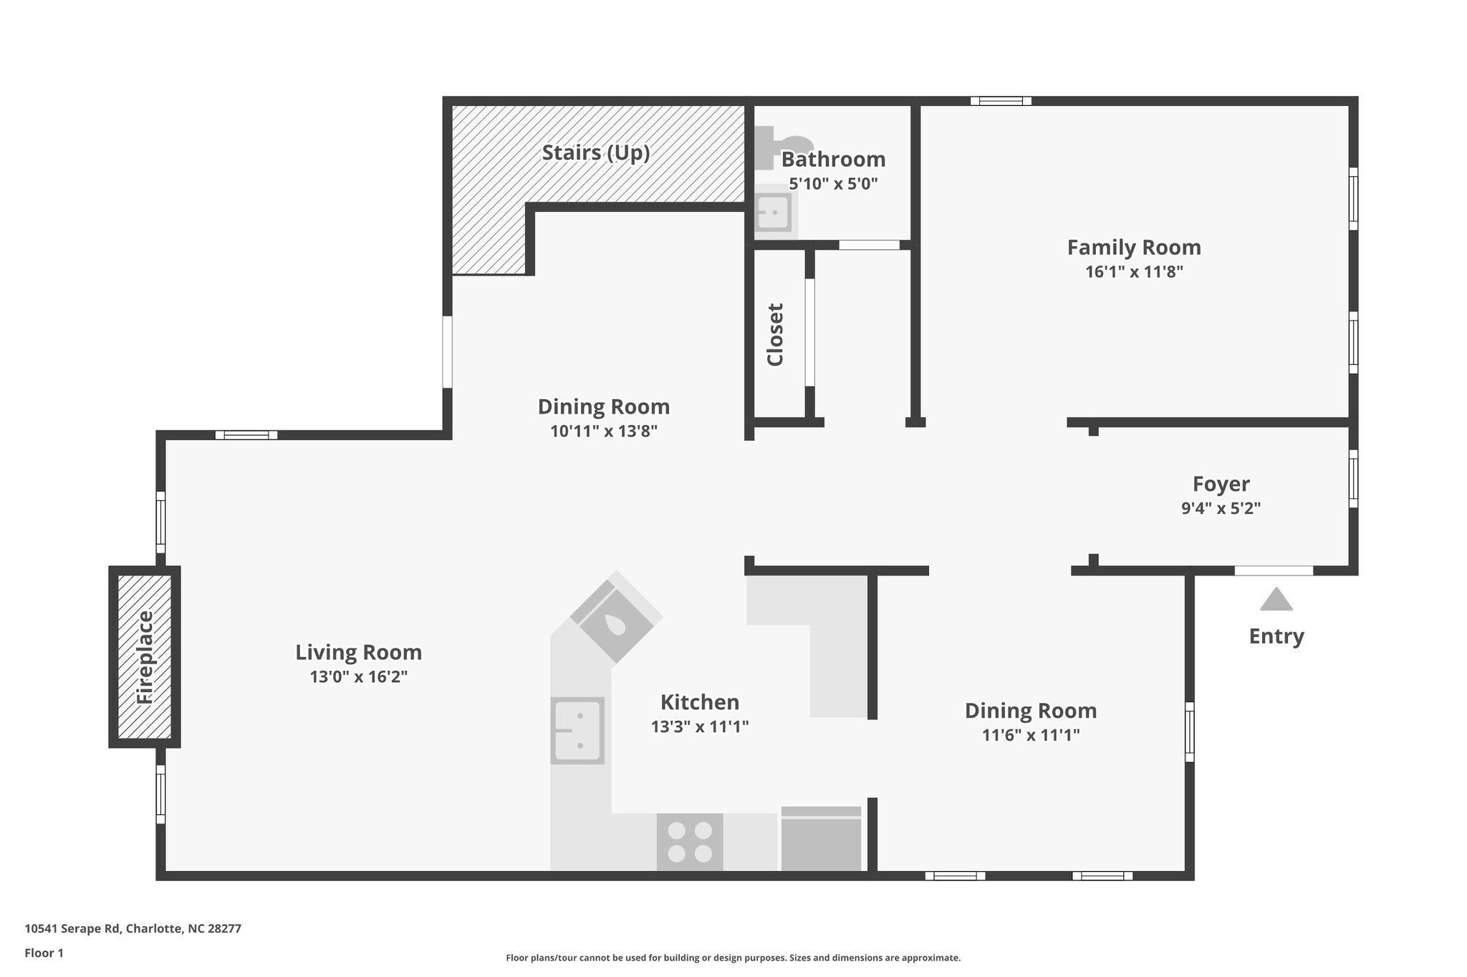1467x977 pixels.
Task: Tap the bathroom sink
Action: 774,212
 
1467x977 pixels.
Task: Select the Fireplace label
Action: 145,656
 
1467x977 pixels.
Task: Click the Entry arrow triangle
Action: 1276,599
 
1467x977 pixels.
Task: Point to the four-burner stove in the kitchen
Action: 690,842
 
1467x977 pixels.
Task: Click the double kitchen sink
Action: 577,730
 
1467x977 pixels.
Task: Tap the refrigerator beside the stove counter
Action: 821,840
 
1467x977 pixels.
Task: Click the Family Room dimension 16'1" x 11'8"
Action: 1134,272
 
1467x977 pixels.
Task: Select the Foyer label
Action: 1221,484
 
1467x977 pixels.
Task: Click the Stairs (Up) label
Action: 596,152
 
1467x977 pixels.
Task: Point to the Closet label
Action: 775,334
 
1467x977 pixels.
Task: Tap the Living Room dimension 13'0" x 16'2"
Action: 358,676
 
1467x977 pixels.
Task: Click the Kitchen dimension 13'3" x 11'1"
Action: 699,726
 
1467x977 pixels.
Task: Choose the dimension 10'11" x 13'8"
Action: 603,431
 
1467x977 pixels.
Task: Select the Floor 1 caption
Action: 44,953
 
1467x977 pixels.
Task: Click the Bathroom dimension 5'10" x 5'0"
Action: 833,183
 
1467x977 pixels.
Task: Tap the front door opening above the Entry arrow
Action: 1273,570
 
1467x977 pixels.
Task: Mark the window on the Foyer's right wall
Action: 1352,478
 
